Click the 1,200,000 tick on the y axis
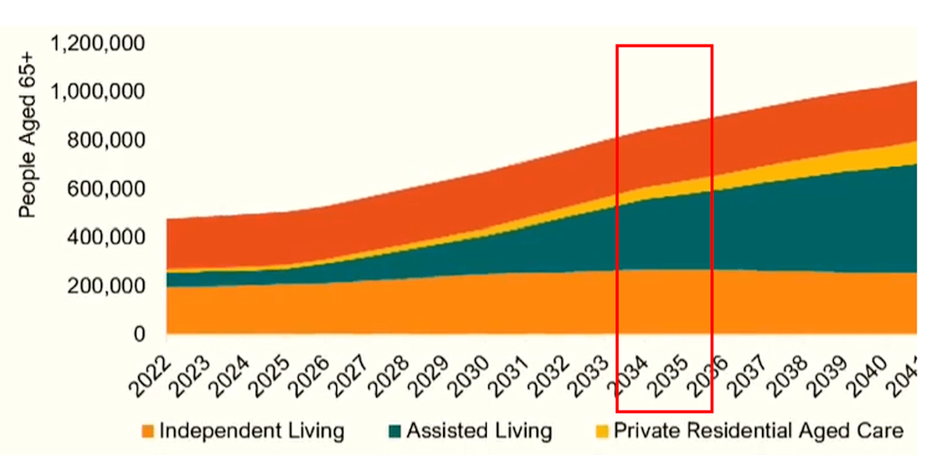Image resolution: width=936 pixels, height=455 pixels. coord(97,44)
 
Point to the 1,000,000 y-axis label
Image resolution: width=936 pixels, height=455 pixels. coord(97,92)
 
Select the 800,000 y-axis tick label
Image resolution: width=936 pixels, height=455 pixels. coord(106,140)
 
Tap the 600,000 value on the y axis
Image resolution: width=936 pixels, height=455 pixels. coord(106,189)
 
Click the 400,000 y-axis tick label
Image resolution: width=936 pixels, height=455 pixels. coord(106,237)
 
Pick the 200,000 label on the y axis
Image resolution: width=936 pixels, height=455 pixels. coord(106,286)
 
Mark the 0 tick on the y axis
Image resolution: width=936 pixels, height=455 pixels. coord(139,334)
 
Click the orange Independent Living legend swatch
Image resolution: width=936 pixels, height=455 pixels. coord(147,431)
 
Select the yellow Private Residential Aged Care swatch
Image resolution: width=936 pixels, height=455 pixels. coord(601,431)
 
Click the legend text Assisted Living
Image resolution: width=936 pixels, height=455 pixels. coord(479,431)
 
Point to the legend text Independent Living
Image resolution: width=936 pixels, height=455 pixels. coord(251,431)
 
